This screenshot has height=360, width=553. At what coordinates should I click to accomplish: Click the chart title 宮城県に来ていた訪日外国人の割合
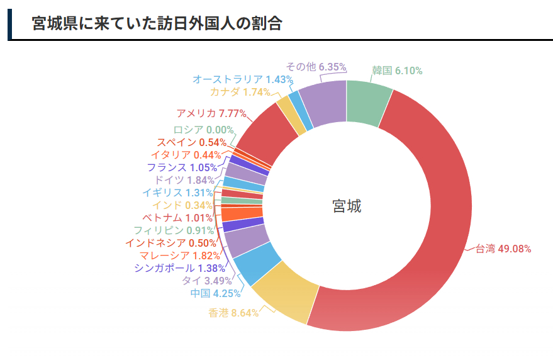157,24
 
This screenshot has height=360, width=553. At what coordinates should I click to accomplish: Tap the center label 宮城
347,206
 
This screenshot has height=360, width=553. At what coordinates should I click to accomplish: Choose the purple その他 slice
323,102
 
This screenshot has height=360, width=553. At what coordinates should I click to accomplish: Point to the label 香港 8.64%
233,313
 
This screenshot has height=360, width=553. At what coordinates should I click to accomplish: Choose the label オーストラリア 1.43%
243,79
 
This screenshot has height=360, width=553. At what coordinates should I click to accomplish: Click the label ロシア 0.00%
194,130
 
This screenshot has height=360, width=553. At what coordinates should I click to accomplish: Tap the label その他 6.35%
316,67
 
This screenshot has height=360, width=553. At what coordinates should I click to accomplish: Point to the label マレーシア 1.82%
180,256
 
